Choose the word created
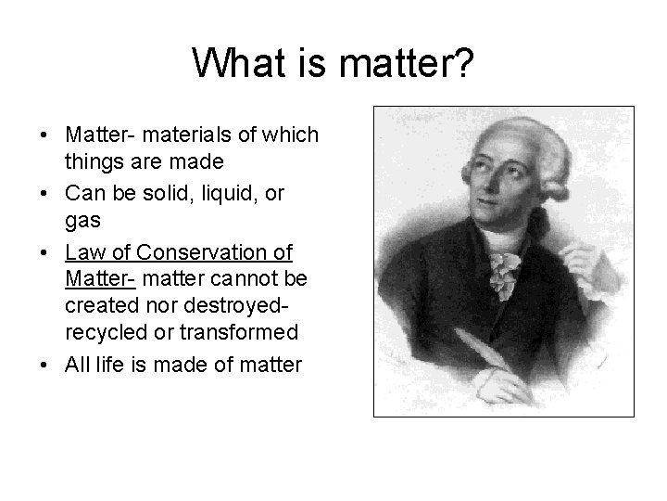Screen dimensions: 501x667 99,304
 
